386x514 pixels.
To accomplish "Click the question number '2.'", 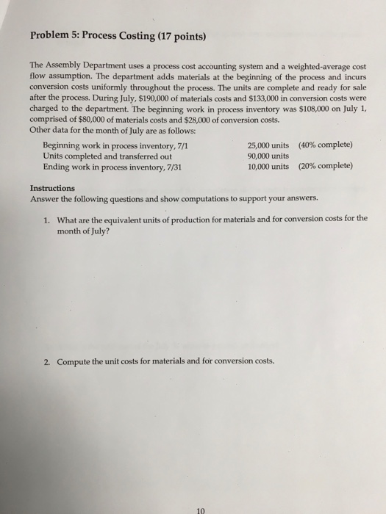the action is (46, 361).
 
